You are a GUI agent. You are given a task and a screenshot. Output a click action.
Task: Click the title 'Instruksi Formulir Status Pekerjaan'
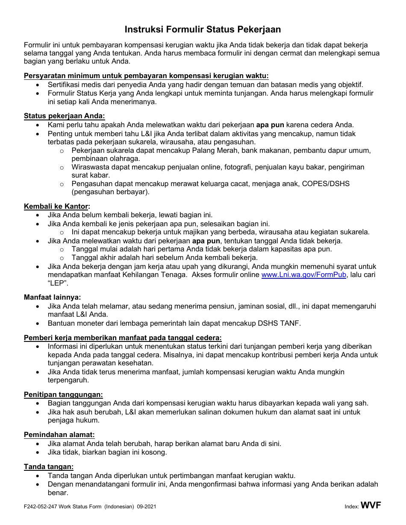pyautogui.click(x=203, y=29)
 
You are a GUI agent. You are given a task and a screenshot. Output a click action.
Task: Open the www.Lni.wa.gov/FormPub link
pyautogui.click(x=303, y=275)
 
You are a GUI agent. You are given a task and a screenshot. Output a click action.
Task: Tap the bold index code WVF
pyautogui.click(x=371, y=506)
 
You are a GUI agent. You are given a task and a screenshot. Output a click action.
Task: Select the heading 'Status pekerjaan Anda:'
pyautogui.click(x=64, y=116)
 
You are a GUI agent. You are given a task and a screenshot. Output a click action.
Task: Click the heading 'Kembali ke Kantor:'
pyautogui.click(x=57, y=207)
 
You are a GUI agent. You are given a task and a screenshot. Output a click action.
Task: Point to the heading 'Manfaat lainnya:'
pyautogui.click(x=52, y=297)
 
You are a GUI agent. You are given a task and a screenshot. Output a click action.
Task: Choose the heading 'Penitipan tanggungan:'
pyautogui.click(x=63, y=395)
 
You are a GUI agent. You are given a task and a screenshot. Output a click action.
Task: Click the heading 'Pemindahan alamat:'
pyautogui.click(x=59, y=435)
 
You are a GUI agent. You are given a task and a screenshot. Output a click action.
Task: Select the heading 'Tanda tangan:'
pyautogui.click(x=49, y=467)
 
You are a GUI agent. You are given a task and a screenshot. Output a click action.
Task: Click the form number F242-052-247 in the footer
pyautogui.click(x=43, y=507)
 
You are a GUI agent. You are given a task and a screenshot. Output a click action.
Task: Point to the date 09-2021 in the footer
pyautogui.click(x=147, y=507)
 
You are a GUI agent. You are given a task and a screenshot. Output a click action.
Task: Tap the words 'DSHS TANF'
pyautogui.click(x=285, y=323)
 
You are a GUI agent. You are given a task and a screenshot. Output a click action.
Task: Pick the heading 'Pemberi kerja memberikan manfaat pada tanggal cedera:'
pyautogui.click(x=123, y=338)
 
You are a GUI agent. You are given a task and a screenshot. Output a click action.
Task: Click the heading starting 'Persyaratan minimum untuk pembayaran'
pyautogui.click(x=146, y=76)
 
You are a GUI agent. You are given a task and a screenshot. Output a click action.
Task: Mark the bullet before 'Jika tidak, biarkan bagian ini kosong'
pyautogui.click(x=39, y=452)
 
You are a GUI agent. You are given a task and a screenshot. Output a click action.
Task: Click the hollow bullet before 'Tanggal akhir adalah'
pyautogui.click(x=62, y=258)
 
